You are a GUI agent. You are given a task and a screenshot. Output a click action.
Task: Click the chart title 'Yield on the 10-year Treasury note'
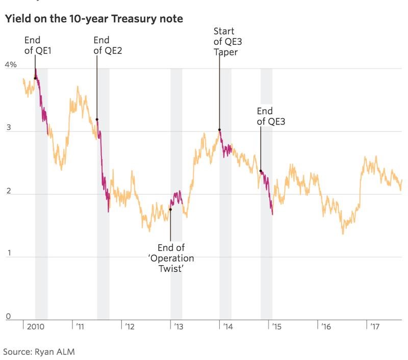94,19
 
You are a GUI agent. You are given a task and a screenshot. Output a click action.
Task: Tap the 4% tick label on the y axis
11,65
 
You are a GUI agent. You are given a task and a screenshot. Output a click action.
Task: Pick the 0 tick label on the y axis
8,317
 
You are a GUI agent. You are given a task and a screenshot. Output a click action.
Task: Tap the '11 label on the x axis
80,326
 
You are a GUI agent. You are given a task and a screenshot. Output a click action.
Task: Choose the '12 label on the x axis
130,326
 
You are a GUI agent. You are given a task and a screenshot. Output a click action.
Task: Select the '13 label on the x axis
178,326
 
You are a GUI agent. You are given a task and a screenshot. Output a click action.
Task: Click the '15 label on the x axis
277,326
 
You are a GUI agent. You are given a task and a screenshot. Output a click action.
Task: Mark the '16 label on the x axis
325,326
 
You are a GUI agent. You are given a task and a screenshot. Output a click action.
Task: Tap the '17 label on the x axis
374,326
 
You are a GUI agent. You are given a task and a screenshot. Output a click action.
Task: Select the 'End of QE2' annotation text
108,45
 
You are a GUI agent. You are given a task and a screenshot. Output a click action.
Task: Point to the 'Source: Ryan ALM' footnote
39,351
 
